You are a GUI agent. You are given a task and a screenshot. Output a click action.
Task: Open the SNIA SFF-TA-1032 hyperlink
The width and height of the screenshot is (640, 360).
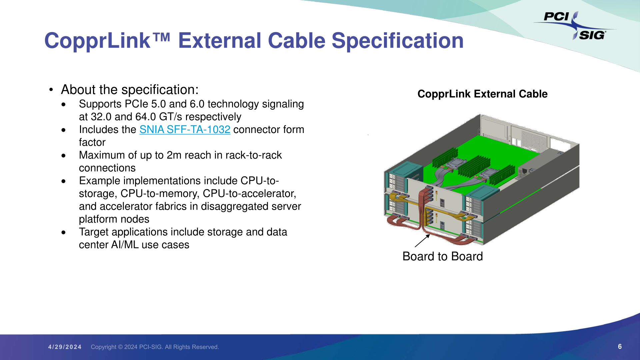pyautogui.click(x=185, y=129)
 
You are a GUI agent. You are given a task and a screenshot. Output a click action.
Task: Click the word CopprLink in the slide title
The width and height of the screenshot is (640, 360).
pyautogui.click(x=97, y=41)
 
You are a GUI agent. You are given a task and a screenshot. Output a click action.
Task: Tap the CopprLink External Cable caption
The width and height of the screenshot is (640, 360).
pyautogui.click(x=482, y=94)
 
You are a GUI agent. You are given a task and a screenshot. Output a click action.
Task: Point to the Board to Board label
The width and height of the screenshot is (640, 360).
pyautogui.click(x=443, y=256)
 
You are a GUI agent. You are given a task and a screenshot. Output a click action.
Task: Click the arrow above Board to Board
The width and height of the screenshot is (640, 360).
pyautogui.click(x=422, y=241)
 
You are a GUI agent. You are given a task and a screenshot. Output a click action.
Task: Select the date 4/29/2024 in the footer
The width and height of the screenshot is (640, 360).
pyautogui.click(x=65, y=347)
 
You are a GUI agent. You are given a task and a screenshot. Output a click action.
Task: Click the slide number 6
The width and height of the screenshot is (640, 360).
pyautogui.click(x=620, y=347)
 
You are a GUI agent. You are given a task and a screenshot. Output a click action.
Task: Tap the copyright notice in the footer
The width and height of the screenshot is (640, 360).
pyautogui.click(x=155, y=347)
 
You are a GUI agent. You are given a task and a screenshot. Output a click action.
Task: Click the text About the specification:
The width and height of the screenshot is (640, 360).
pyautogui.click(x=130, y=90)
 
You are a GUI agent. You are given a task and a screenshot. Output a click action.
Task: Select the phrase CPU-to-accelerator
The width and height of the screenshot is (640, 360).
pyautogui.click(x=249, y=193)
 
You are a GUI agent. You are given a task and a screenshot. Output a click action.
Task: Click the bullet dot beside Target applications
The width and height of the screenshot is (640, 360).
pyautogui.click(x=64, y=232)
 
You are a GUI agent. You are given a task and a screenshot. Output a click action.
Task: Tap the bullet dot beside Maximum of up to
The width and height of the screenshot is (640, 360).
pyautogui.click(x=64, y=156)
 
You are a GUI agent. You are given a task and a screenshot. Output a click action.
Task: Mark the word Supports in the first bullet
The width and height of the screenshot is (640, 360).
pyautogui.click(x=100, y=104)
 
